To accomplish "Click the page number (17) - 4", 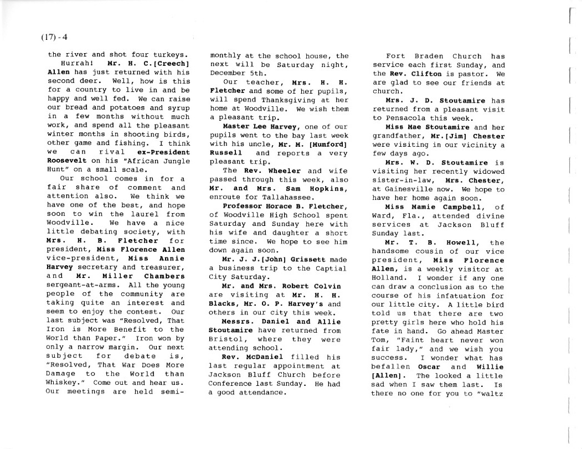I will coord(54,38).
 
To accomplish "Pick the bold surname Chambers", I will coord(165,276).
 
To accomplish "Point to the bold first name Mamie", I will coord(432,207).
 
